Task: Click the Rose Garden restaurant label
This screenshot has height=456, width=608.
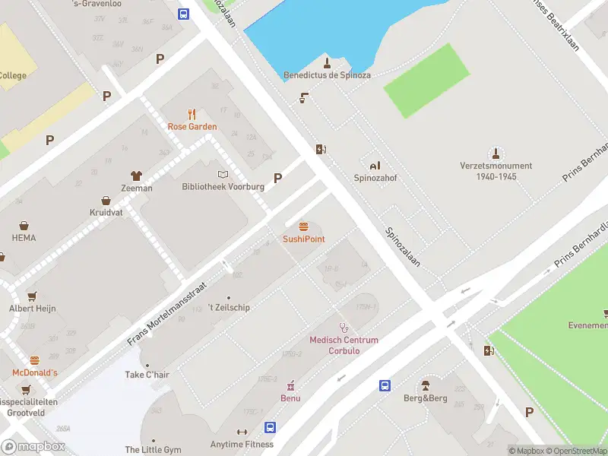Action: tap(192, 127)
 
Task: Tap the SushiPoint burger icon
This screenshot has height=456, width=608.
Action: tap(304, 226)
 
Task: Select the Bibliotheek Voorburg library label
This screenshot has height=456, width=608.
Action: tap(223, 187)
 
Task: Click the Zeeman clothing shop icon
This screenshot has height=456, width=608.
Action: tap(137, 176)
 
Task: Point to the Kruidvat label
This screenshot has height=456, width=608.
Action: tap(106, 213)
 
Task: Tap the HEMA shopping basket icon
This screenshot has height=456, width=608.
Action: tap(24, 226)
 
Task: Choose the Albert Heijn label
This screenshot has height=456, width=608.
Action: tap(32, 308)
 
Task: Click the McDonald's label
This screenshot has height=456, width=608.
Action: tap(34, 372)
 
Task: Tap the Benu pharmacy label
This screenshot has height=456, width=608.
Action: tap(290, 398)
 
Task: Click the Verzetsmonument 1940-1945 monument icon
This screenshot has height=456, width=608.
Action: tap(496, 153)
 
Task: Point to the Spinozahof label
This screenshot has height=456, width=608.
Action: tap(375, 178)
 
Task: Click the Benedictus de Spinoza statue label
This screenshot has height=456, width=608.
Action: tap(327, 76)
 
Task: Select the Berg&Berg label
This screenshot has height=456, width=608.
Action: tap(425, 398)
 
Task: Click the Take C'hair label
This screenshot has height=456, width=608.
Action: tap(147, 375)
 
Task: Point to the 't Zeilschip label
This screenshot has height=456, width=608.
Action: tap(229, 308)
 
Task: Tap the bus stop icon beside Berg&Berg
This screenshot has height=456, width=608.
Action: tap(385, 385)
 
